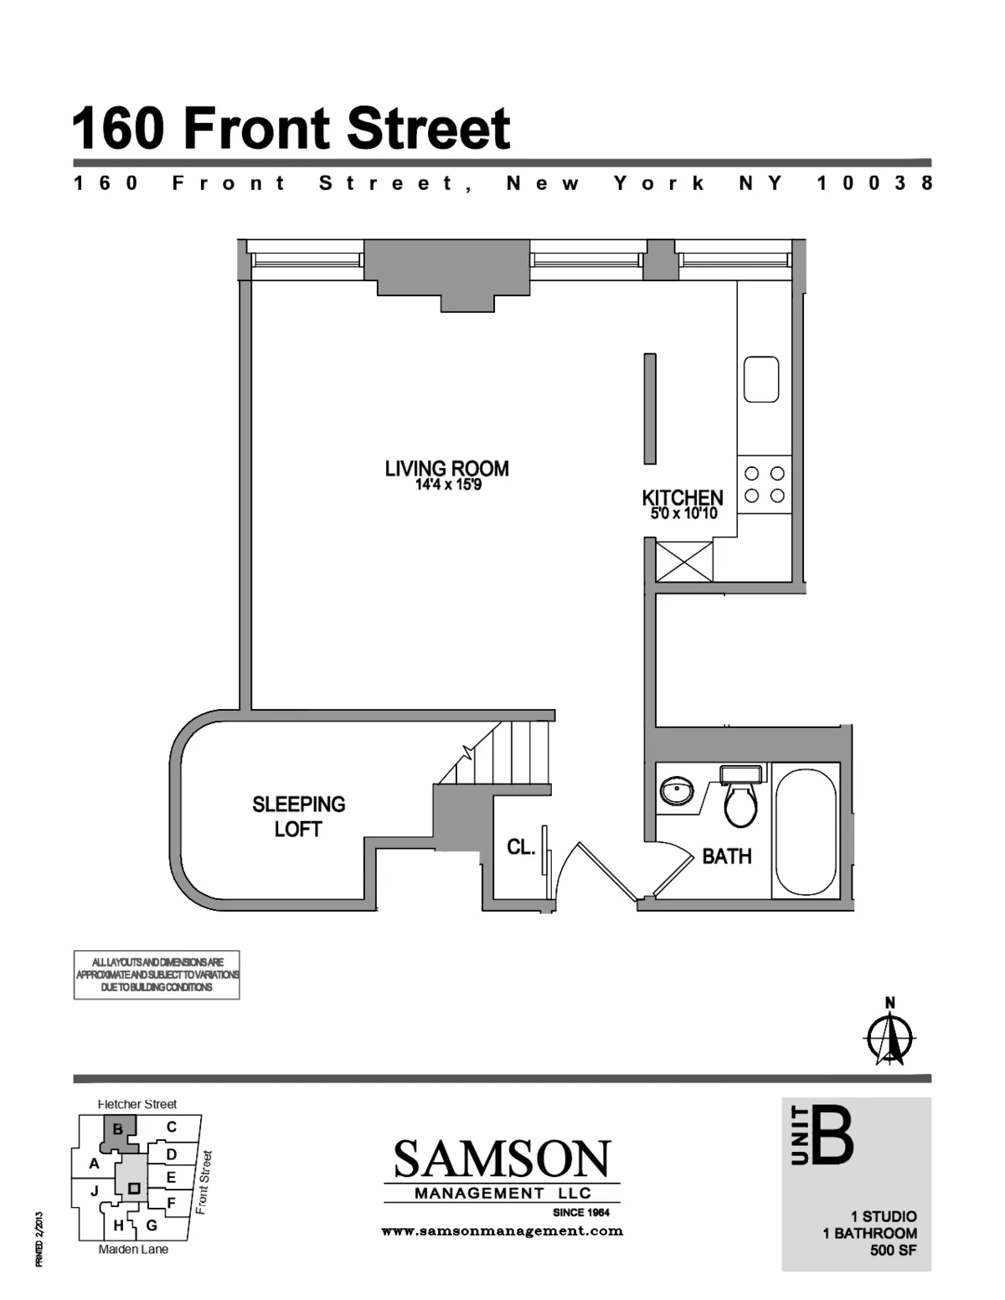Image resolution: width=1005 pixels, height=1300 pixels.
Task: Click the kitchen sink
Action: click(x=760, y=379)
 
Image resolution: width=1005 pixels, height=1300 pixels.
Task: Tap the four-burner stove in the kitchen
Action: click(x=764, y=484)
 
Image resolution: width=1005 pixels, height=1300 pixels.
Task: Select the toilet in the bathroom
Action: click(x=740, y=800)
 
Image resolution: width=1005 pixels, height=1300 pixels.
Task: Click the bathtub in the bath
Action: click(x=805, y=831)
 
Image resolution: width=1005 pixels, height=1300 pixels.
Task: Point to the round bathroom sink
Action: click(x=677, y=790)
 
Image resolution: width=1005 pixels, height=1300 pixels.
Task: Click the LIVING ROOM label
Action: click(x=446, y=469)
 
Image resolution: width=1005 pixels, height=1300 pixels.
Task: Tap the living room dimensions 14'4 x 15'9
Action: click(x=448, y=485)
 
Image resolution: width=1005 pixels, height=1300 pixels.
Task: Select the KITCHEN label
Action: click(x=682, y=497)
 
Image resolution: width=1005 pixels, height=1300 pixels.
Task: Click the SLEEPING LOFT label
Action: click(x=299, y=816)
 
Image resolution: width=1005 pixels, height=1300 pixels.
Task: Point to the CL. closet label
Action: click(x=521, y=847)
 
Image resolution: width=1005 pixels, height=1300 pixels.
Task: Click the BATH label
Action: click(x=726, y=856)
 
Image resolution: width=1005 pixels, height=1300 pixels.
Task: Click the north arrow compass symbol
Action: click(x=890, y=1038)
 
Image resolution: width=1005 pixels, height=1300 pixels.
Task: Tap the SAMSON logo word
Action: click(x=502, y=1159)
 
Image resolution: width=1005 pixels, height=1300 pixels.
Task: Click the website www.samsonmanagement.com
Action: click(x=502, y=1231)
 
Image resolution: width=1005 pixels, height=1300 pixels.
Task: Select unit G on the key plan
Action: click(x=152, y=1225)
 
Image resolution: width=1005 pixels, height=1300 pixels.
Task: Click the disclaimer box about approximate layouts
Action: click(x=157, y=975)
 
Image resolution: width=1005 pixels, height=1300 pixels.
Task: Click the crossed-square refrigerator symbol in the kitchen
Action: click(x=684, y=561)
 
